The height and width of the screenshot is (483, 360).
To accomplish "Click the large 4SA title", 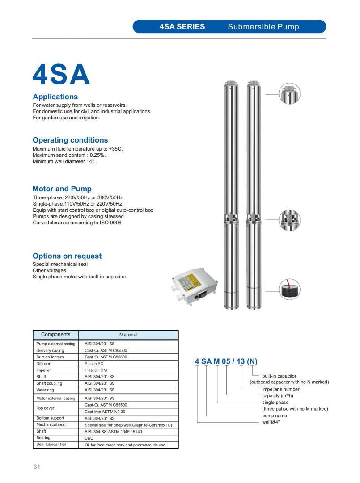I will [61, 75].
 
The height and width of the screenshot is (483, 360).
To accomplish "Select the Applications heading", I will [55, 97].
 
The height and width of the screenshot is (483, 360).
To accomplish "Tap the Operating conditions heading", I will [70, 140].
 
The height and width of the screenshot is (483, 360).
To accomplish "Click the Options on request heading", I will [67, 256].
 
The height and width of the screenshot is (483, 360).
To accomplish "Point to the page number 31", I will [37, 467].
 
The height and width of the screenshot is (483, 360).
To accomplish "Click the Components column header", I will [55, 334].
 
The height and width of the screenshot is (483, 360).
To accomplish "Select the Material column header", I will [128, 335].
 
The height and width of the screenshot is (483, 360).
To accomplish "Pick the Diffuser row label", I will [44, 364].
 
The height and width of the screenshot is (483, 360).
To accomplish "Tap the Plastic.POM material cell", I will [96, 370].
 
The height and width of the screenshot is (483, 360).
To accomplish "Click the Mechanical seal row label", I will [51, 424].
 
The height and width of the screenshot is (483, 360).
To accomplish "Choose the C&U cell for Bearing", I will [89, 438].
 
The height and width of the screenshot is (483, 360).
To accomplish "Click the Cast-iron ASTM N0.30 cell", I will [105, 412].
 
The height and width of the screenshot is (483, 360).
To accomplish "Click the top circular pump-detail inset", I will [289, 94].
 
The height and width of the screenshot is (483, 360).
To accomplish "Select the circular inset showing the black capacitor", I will [289, 290].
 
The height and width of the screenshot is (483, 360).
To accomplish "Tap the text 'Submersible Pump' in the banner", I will [263, 26].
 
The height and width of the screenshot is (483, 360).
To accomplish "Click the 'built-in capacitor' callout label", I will [279, 376].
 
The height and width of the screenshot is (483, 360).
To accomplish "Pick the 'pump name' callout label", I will [275, 416].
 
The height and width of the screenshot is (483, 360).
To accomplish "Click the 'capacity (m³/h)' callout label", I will [278, 396].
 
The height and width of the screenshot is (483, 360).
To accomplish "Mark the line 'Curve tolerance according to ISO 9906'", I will [77, 223].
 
